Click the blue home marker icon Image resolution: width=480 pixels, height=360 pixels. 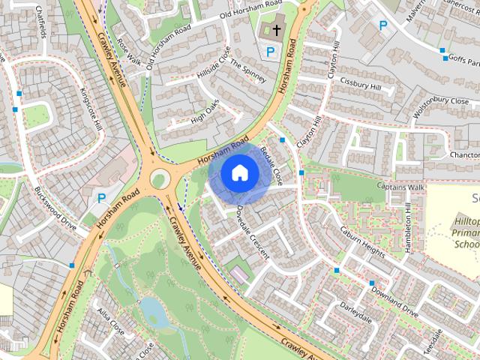click(239, 172)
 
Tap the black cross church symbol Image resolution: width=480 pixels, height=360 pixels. click(277, 31)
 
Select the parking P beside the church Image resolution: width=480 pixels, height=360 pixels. click(271, 52)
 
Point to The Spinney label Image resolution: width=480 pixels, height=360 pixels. click(247, 73)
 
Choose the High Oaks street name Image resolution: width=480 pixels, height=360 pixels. click(205, 111)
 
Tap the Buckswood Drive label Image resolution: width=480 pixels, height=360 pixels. click(55, 208)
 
